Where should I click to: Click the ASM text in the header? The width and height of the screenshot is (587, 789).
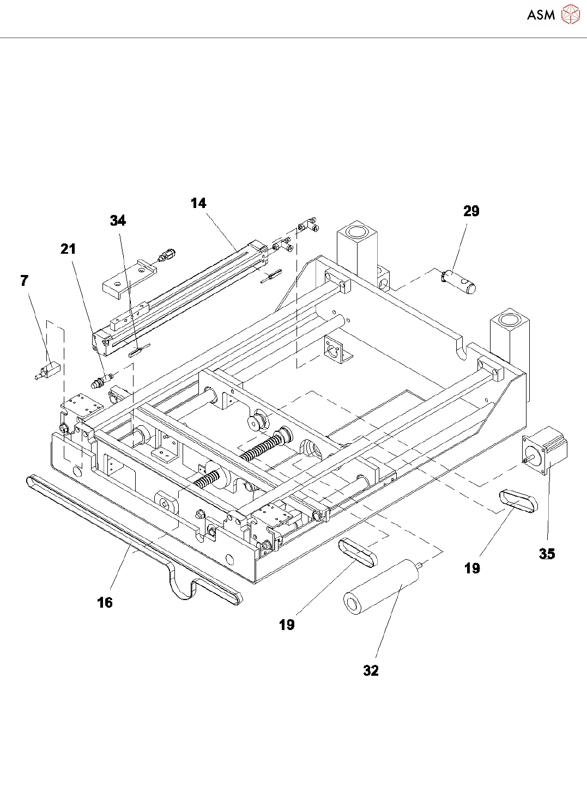tap(541, 15)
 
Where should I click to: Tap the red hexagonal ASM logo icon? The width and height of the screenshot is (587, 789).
tap(570, 14)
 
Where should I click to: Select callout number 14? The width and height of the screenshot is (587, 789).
tap(198, 203)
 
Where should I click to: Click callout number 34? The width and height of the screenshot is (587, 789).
tap(118, 221)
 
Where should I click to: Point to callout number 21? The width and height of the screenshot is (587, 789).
tap(68, 249)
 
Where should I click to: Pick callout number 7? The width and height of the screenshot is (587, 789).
tap(24, 280)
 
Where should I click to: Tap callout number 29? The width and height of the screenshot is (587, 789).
tap(471, 211)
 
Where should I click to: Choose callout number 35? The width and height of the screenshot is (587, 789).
tap(547, 554)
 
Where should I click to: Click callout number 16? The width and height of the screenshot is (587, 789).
tap(105, 602)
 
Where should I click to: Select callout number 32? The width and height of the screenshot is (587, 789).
tap(371, 670)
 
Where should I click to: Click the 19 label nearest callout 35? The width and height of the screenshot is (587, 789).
tap(472, 568)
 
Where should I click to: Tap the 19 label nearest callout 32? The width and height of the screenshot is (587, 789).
tap(287, 625)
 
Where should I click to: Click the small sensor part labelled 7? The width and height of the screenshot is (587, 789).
tap(47, 371)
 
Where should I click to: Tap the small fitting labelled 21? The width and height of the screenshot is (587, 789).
tap(101, 380)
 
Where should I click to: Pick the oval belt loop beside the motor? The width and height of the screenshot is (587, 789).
tap(518, 500)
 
